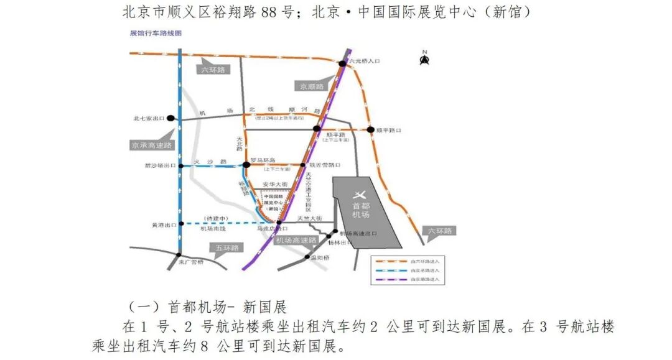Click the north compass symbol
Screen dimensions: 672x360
[x=425, y=58]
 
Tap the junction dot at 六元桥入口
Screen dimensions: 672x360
[x=342, y=63]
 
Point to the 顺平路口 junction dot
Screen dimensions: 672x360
[x=371, y=130]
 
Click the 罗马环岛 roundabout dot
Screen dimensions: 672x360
[x=246, y=165]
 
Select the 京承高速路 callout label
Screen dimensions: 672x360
[x=152, y=145]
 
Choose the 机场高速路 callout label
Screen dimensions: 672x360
[x=296, y=240]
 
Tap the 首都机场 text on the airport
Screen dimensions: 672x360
[x=361, y=210]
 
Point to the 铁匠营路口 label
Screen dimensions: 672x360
[x=325, y=165]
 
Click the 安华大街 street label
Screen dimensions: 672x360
[x=274, y=185]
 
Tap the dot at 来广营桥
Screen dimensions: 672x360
[x=179, y=255]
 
